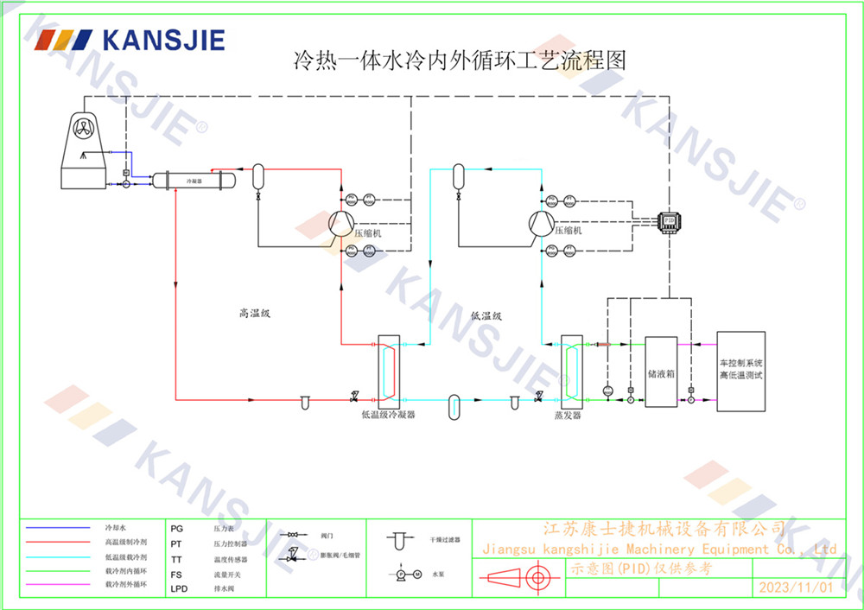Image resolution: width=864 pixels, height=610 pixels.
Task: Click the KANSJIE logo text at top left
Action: click(x=162, y=41)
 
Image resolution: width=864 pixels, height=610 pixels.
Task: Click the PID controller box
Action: click(x=669, y=220)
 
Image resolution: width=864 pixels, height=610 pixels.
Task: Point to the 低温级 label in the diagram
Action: click(x=487, y=316)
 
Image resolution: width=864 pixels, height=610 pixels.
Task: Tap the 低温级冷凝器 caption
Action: click(x=388, y=415)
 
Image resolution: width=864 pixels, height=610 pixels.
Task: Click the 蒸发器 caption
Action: click(x=568, y=416)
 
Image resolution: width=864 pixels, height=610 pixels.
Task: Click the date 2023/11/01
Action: click(x=795, y=588)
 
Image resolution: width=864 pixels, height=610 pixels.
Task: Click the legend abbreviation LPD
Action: click(x=179, y=588)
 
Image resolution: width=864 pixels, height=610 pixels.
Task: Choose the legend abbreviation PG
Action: click(x=176, y=527)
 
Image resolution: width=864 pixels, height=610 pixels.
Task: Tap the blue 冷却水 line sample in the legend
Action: click(x=58, y=527)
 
